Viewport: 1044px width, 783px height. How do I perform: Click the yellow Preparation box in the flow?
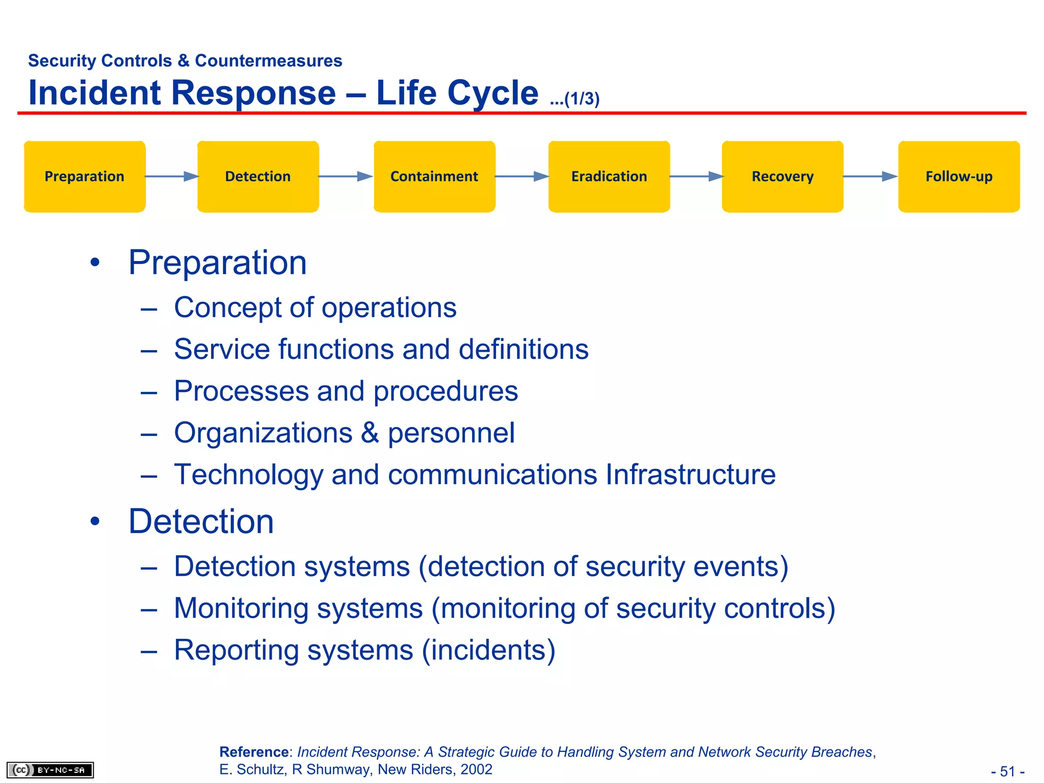coord(85,176)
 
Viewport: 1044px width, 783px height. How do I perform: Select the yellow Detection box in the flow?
coord(258,176)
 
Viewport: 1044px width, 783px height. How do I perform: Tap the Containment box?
coord(434,176)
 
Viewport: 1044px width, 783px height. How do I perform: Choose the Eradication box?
coord(609,176)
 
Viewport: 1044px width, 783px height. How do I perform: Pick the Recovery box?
coord(782,176)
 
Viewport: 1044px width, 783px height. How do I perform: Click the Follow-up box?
coord(959,176)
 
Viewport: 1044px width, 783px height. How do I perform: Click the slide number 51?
coord(1007,771)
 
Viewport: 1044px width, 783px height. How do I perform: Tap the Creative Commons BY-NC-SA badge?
coord(50,770)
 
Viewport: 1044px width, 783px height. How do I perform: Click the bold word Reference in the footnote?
coord(254,752)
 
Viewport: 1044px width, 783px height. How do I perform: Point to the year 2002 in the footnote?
coord(476,769)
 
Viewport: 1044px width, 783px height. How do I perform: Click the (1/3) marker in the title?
coord(582,99)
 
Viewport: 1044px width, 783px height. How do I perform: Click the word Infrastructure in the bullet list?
coord(690,475)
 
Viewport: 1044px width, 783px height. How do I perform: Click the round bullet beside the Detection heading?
coord(95,521)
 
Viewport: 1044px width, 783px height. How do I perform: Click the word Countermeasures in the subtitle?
coord(268,61)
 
